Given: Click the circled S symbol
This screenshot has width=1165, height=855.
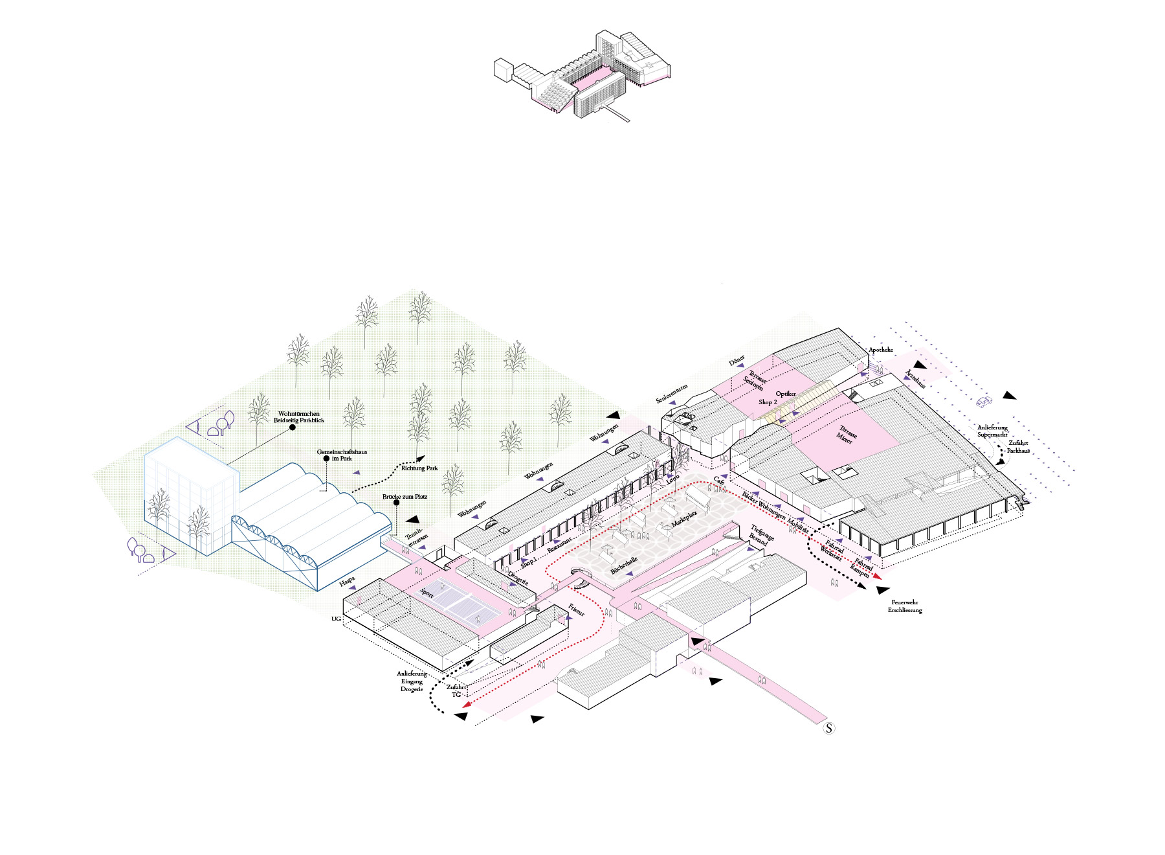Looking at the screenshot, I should [x=828, y=728].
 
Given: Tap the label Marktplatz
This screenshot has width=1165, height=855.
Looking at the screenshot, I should [x=684, y=518].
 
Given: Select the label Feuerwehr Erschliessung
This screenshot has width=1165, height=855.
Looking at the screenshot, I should [x=904, y=606].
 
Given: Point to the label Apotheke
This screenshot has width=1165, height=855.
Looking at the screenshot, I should [x=880, y=350].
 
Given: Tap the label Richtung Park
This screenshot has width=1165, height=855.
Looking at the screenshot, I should [x=419, y=468].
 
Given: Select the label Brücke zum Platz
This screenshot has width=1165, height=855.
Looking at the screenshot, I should [x=405, y=497].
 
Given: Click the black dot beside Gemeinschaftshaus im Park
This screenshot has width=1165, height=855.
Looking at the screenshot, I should [x=326, y=459].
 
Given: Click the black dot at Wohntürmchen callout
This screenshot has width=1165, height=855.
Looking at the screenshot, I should [x=293, y=427].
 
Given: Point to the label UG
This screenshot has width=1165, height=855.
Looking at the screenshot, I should [x=336, y=619].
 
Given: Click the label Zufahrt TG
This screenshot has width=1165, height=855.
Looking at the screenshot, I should [x=456, y=690].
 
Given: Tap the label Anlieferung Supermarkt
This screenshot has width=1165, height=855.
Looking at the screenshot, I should [x=992, y=431].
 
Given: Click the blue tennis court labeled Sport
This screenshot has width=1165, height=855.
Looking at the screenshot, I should [x=466, y=602].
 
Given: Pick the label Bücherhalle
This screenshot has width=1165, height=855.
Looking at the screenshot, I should [x=624, y=565].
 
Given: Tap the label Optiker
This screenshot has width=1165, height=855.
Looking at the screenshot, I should [x=786, y=394].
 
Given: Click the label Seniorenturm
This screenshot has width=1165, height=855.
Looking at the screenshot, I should [x=671, y=394].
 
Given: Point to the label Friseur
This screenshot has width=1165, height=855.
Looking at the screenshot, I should [x=576, y=610].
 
